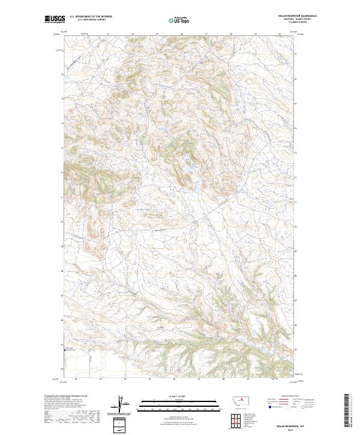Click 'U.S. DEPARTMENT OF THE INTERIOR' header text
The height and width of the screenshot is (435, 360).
(91, 17)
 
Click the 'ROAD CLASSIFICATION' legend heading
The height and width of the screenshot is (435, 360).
(291, 397)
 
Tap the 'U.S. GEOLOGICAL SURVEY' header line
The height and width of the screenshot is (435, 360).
(91, 20)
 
